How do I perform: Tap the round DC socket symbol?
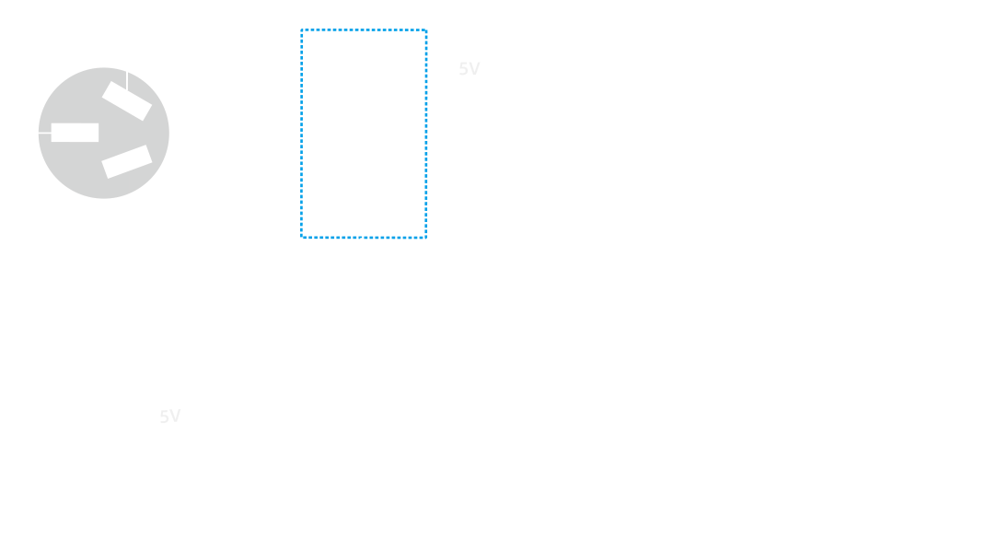click(x=64, y=433)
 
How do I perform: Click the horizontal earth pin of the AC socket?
click(x=75, y=133)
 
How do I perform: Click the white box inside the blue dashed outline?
click(x=364, y=133)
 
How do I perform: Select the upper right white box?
click(x=923, y=138)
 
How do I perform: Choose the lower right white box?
click(x=924, y=420)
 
